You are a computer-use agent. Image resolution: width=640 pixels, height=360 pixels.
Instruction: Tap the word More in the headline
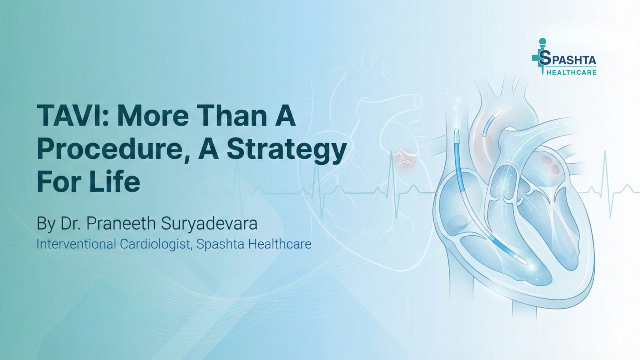(153, 116)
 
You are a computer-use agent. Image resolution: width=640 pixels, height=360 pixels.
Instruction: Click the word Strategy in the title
(286, 149)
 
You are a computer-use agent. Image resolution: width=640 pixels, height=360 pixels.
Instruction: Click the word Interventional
(76, 244)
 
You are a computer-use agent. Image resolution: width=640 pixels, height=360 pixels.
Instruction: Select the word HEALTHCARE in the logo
(571, 72)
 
